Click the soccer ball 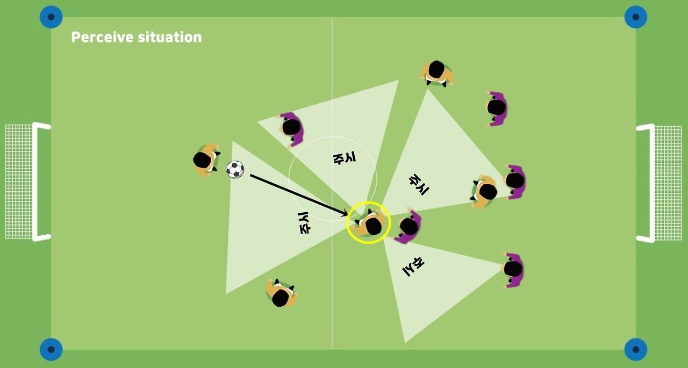pyautogui.click(x=235, y=169)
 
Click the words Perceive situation pyautogui.click(x=137, y=37)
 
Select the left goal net pyautogui.click(x=19, y=182)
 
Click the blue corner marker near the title pyautogui.click(x=51, y=17)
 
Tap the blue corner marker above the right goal pyautogui.click(x=635, y=17)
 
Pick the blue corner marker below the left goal pyautogui.click(x=51, y=350)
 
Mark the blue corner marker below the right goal pyautogui.click(x=635, y=350)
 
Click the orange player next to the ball pyautogui.click(x=205, y=160)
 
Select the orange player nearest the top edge pyautogui.click(x=436, y=72)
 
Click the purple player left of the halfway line pyautogui.click(x=291, y=128)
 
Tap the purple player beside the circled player pyautogui.click(x=409, y=226)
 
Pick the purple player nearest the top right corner pyautogui.click(x=497, y=109)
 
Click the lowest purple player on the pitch pyautogui.click(x=513, y=270)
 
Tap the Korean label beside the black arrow pyautogui.click(x=304, y=223)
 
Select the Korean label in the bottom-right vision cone pyautogui.click(x=414, y=265)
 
